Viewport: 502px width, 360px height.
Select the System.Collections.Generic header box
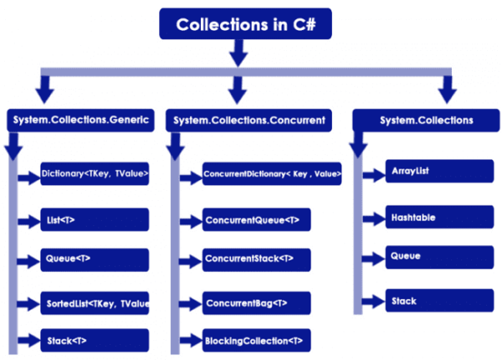coord(80,121)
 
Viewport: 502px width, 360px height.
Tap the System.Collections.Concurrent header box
coord(249,121)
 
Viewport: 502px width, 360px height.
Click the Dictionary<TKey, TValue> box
coord(95,174)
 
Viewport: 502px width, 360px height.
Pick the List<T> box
coord(95,220)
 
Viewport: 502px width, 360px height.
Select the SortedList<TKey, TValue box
coord(95,302)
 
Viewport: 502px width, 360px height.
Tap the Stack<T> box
coord(95,341)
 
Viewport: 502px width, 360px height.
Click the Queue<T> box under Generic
coord(95,260)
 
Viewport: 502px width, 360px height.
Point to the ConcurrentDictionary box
coord(271,175)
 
